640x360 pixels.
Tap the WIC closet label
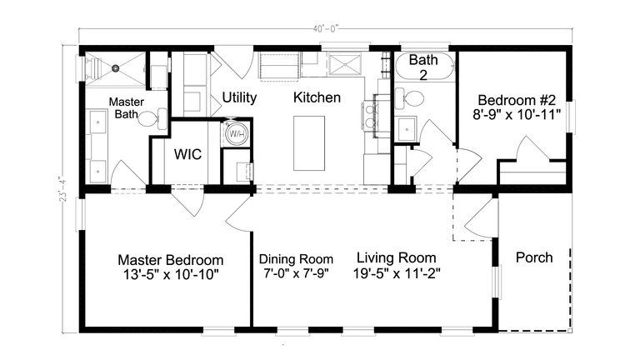pos(187,154)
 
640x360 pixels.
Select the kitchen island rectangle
pos(309,142)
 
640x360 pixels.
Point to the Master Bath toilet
pos(151,118)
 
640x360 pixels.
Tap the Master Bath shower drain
pos(116,68)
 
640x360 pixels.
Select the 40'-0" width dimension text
pos(326,28)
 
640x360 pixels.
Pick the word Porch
pos(534,257)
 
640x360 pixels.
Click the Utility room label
pos(239,97)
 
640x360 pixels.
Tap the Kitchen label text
pos(317,97)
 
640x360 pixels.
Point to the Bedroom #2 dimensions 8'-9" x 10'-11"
pos(517,115)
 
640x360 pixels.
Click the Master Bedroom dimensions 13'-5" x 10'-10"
pos(171,274)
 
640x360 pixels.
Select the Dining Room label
pos(296,259)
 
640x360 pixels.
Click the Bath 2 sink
pos(407,129)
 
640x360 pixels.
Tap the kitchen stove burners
pos(371,117)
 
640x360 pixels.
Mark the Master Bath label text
pos(127,107)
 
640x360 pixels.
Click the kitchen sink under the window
pos(345,64)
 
